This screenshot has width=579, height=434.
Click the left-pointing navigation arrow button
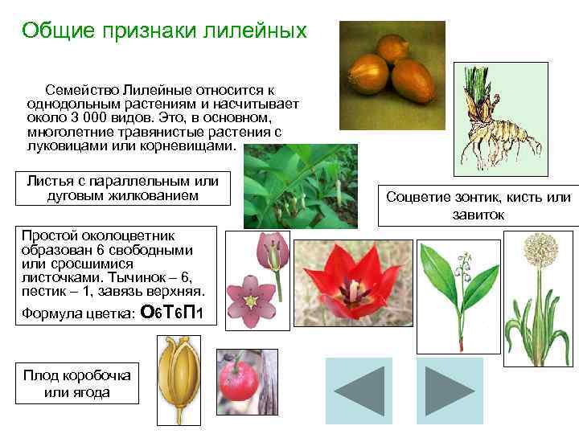[359, 391]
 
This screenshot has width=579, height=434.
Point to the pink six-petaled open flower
[249, 302]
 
